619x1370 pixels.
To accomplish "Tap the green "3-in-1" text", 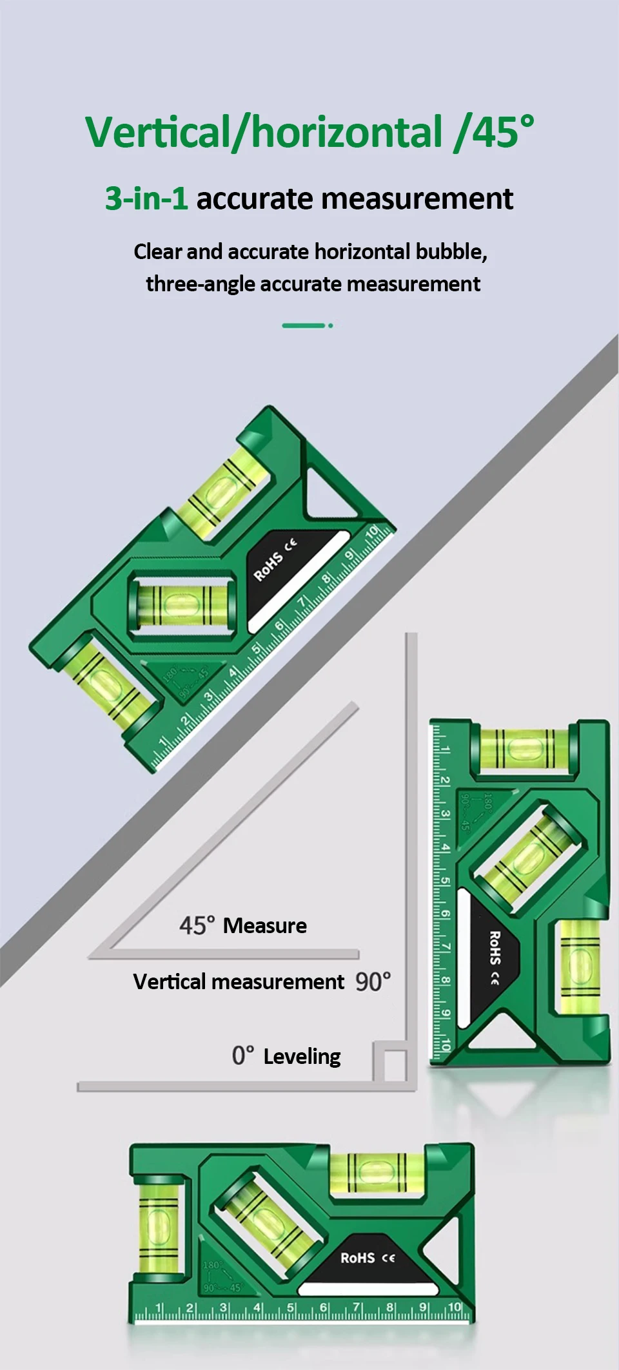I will tap(146, 198).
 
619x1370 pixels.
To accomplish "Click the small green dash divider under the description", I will tap(307, 325).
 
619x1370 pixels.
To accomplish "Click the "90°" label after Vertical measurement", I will tap(373, 982).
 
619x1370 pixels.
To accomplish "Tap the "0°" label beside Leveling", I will tap(243, 1056).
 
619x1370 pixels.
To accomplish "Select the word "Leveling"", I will tap(302, 1057).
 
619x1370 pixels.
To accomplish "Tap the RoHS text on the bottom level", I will tap(357, 1258).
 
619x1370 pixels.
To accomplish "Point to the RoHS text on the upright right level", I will tap(495, 947).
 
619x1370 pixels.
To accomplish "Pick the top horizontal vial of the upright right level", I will tap(523, 749).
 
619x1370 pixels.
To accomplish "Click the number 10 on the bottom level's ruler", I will tap(455, 1307).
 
